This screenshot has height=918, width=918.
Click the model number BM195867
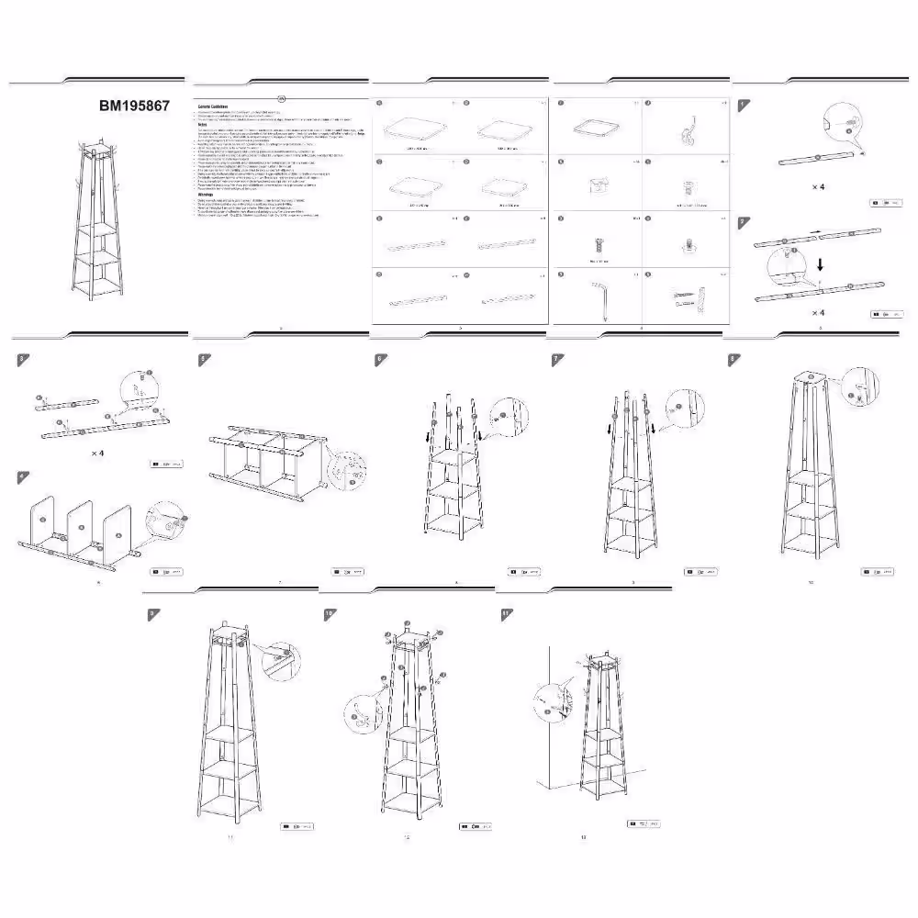tap(134, 106)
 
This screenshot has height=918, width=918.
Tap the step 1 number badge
tap(742, 105)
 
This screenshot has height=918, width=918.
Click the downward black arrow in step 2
tap(820, 260)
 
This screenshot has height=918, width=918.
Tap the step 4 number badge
tap(23, 476)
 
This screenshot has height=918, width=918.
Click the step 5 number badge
tap(202, 359)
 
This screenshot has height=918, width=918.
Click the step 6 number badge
tap(379, 359)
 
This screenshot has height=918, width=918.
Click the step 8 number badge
tap(733, 359)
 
